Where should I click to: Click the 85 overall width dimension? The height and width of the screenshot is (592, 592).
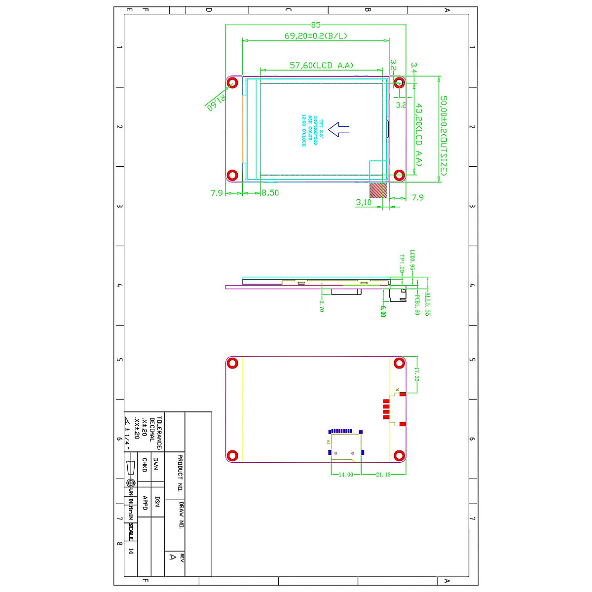coord(316,25)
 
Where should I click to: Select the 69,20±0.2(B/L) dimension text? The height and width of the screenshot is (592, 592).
coord(316,36)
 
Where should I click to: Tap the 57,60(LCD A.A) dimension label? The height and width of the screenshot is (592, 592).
coord(321,65)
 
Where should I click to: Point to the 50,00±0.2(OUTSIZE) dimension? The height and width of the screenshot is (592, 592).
coord(444,136)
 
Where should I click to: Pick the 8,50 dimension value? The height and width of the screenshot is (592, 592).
coord(270,193)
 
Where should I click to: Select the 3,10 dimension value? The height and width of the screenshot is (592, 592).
coord(364,202)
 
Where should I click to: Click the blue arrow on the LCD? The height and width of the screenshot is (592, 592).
coord(339,129)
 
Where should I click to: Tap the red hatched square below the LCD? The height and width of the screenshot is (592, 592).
coord(378,190)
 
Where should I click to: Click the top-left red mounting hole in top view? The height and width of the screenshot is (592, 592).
coord(232,82)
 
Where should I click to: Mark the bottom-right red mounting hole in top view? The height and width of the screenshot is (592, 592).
coord(400,175)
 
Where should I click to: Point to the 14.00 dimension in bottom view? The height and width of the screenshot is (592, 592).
coord(345,475)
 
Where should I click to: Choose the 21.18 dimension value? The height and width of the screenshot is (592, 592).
coord(383,475)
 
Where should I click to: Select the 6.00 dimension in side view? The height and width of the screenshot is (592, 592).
coord(383,311)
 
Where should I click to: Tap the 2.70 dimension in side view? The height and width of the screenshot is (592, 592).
coord(322,306)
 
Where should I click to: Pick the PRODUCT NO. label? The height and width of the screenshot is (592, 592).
coord(180,473)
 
